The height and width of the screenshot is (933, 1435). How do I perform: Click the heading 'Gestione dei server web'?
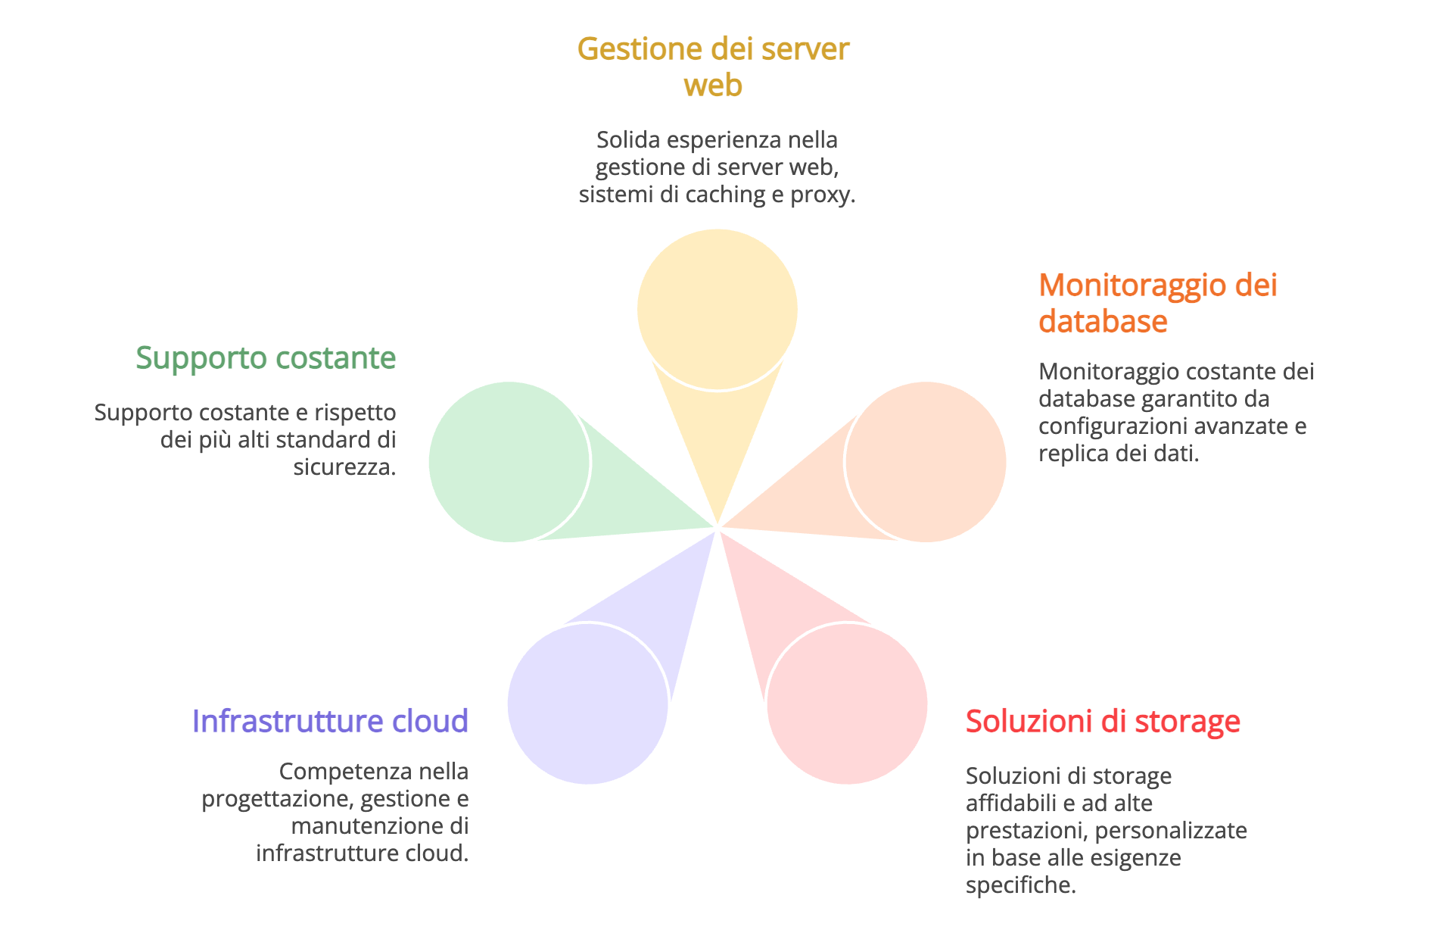tap(713, 67)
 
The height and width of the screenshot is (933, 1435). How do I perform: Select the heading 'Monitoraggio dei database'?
tap(1157, 303)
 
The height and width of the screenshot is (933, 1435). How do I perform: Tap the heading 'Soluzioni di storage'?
tap(1103, 721)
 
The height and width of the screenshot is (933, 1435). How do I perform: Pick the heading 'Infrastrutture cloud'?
tap(330, 721)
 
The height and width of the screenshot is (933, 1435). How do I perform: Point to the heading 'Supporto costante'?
tap(266, 357)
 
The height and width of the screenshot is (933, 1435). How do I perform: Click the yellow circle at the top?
tap(717, 309)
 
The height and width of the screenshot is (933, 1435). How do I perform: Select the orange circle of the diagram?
tap(926, 462)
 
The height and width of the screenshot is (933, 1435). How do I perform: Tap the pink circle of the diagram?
tap(848, 704)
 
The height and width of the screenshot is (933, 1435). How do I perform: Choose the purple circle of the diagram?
tap(587, 704)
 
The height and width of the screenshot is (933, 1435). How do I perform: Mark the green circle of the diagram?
tap(509, 462)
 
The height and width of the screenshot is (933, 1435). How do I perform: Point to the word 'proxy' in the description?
tap(819, 195)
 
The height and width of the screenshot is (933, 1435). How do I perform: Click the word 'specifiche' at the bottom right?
tap(1019, 885)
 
